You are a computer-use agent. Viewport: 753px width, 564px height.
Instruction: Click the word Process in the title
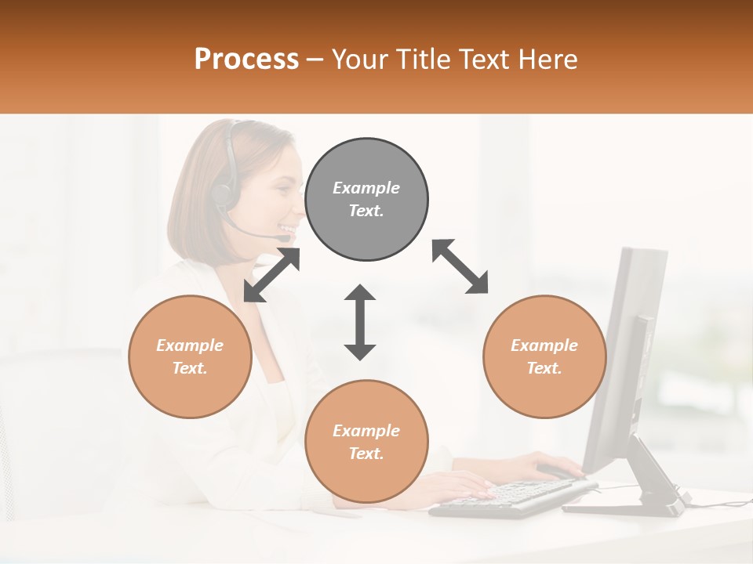tap(246, 60)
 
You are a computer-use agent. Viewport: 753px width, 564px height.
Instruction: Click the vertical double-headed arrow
tap(360, 323)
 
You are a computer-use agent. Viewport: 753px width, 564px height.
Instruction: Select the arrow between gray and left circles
tap(272, 275)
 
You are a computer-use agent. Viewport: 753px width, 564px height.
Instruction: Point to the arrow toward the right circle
tap(460, 266)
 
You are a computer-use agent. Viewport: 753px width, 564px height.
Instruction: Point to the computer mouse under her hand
tap(558, 472)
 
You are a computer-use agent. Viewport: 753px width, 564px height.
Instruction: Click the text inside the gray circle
tap(366, 199)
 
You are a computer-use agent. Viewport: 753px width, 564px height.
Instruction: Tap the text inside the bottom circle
tap(366, 442)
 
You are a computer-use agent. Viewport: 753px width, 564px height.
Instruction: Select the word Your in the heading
tap(362, 60)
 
